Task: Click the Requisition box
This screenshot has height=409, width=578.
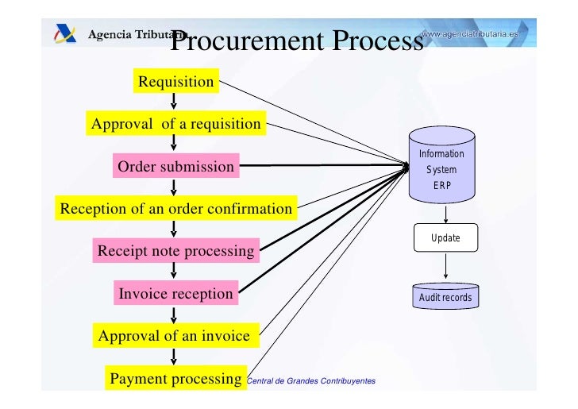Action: click(175, 82)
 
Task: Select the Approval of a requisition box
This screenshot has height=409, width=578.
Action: click(175, 124)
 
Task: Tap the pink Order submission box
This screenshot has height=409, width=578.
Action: click(175, 167)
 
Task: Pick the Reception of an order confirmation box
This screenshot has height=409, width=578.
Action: click(176, 209)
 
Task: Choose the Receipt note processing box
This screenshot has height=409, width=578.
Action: click(175, 252)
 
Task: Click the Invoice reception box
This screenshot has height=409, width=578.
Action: click(175, 294)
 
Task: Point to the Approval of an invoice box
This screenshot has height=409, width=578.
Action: click(174, 336)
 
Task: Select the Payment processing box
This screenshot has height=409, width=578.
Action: click(175, 378)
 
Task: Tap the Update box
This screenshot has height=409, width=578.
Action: click(445, 237)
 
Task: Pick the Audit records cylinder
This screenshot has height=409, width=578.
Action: click(445, 297)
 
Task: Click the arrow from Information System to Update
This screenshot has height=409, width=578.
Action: click(445, 214)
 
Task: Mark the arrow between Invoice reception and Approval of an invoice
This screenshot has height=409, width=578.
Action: click(174, 314)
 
